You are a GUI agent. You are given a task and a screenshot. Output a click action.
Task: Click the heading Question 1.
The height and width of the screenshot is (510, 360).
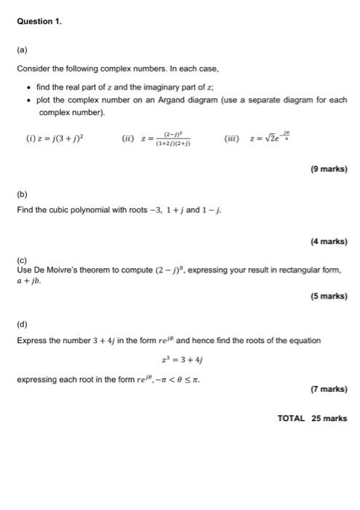pos(39,21)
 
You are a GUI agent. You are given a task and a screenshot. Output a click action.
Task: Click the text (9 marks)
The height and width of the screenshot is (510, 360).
pos(328,169)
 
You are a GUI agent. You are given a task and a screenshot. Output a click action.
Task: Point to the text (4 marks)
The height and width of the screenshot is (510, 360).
pos(328,241)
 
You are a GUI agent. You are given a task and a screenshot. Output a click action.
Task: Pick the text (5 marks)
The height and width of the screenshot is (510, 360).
pos(328,297)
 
